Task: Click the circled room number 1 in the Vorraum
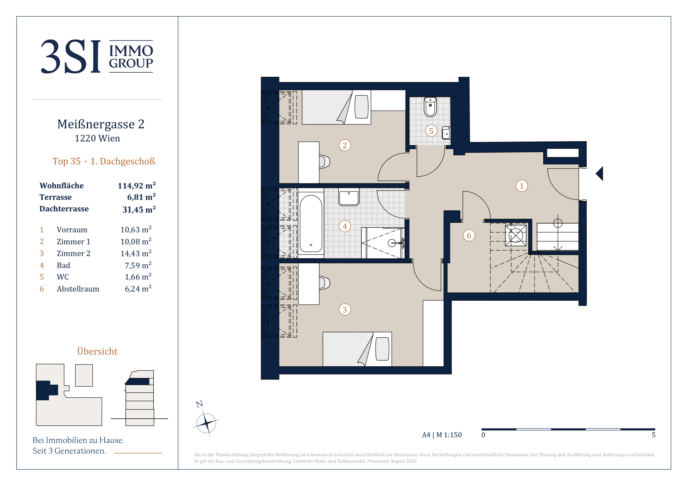coord(522,186)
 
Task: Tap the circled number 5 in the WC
coord(431,131)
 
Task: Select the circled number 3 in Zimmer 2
coord(345,309)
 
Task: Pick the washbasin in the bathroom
coord(349,197)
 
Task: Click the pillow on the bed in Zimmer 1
coord(361,107)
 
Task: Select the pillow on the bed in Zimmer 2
coord(382,349)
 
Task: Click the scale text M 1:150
coord(449,435)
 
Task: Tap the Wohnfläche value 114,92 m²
coord(137,186)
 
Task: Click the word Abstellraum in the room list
coord(78,289)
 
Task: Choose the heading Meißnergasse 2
coord(101,124)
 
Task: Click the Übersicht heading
coord(97,351)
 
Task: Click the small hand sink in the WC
coord(446,133)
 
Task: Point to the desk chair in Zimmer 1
coord(324,162)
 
